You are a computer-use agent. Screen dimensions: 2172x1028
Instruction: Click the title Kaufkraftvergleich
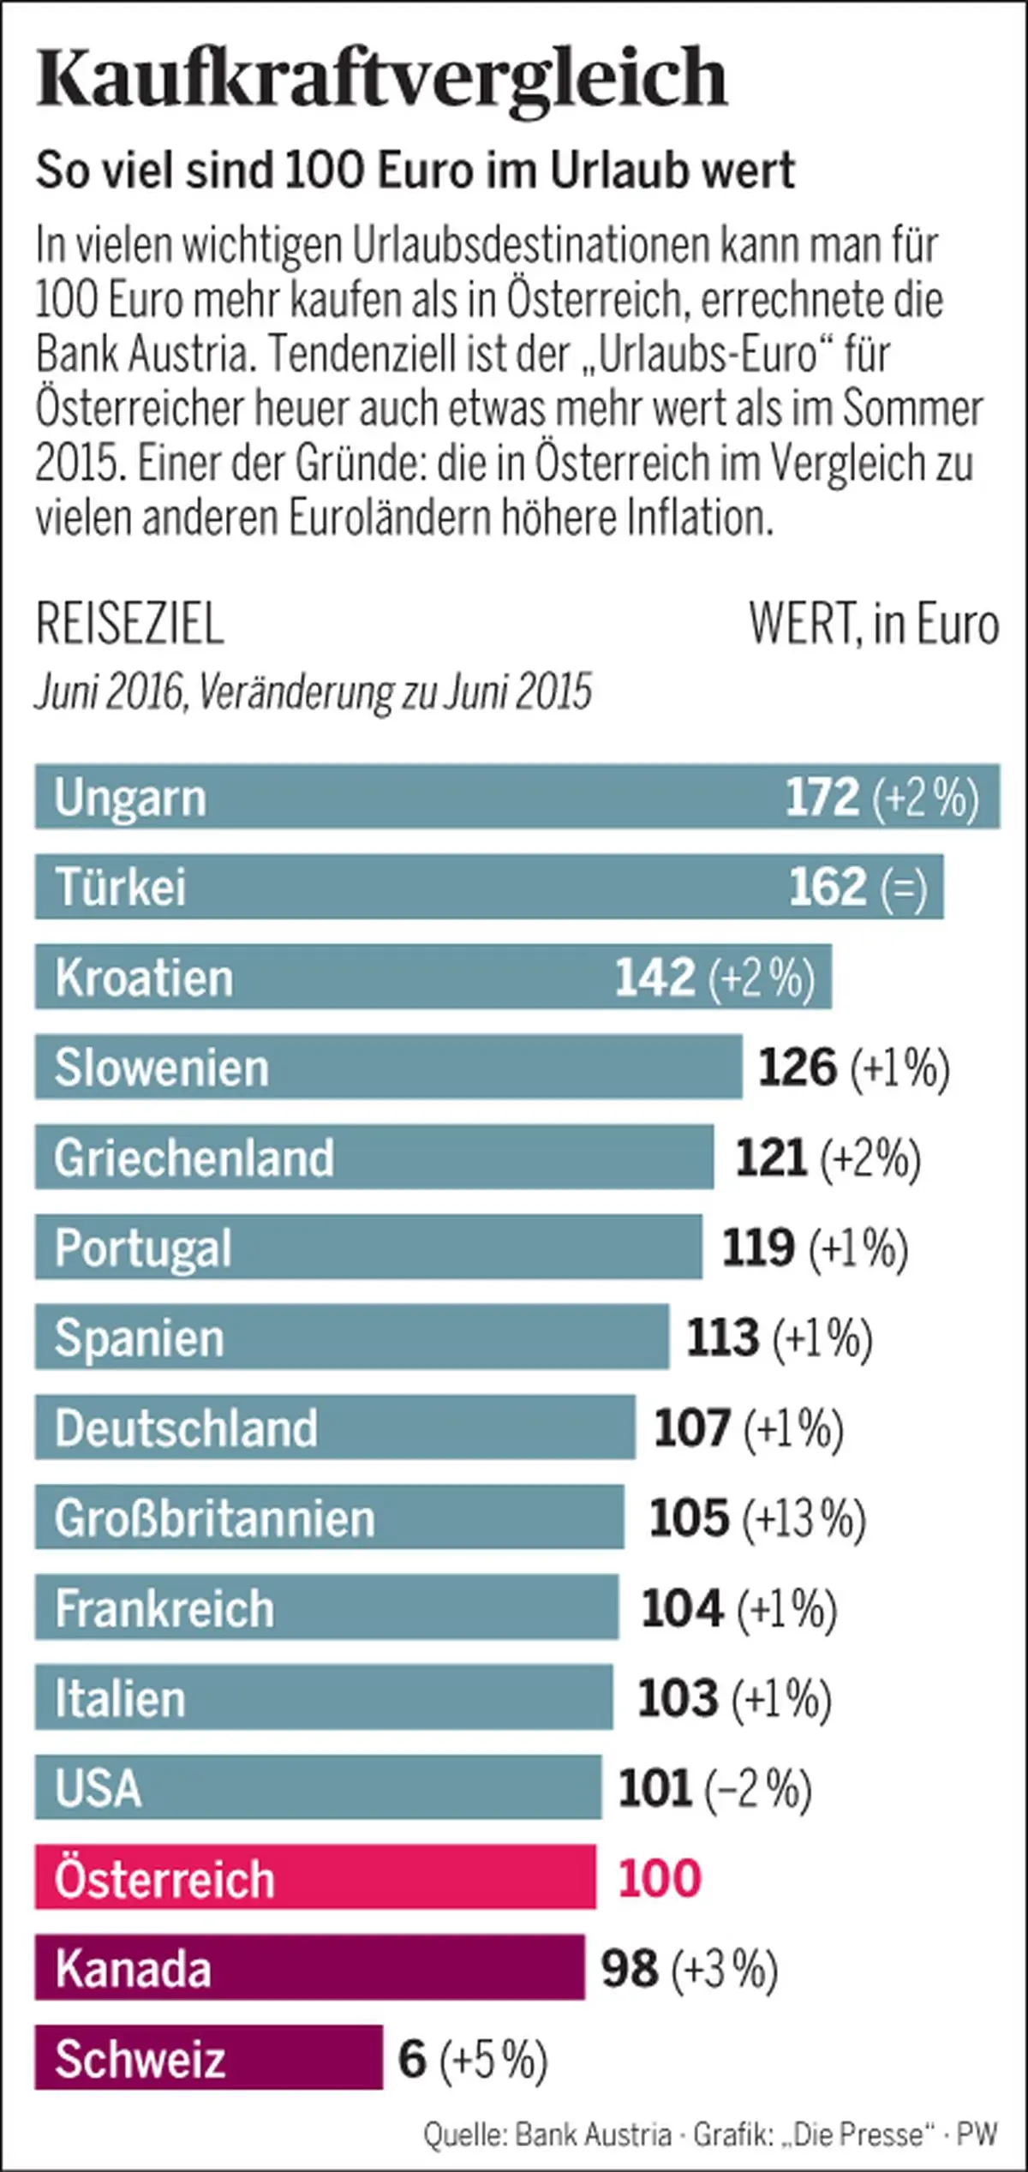[x=381, y=78]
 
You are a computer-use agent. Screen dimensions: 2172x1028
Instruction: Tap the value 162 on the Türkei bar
[x=827, y=887]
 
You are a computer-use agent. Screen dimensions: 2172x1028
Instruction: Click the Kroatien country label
[x=144, y=978]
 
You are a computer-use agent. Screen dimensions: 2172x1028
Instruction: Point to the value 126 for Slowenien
[x=797, y=1068]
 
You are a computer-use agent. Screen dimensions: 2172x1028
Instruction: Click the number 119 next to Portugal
[x=758, y=1248]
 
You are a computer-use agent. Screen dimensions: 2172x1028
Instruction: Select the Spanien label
[x=139, y=1337]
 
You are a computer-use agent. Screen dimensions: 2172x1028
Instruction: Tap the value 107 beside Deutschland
[x=691, y=1427]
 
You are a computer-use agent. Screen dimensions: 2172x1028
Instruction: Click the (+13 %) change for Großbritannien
[x=804, y=1518]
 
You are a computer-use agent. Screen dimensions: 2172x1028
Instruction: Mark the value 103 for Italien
[x=677, y=1698]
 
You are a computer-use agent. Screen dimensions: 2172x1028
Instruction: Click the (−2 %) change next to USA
[x=757, y=1788]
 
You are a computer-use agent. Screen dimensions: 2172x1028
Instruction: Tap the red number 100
[x=660, y=1878]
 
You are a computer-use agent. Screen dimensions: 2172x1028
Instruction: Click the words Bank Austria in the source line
[x=593, y=2133]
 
